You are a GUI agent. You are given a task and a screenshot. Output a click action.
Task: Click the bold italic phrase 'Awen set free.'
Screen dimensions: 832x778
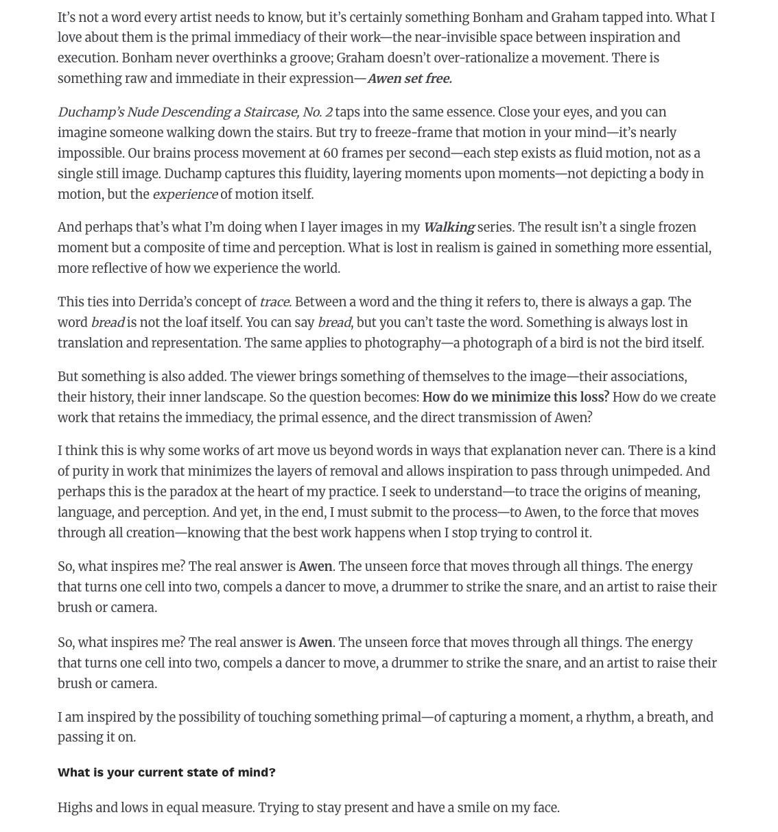[x=409, y=79]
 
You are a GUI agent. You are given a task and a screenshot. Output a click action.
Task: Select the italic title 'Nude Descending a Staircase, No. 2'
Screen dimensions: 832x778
[x=230, y=112]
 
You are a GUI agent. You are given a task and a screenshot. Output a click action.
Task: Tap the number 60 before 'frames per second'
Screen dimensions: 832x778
[x=331, y=154]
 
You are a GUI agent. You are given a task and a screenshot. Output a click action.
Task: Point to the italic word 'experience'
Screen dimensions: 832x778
[x=185, y=195]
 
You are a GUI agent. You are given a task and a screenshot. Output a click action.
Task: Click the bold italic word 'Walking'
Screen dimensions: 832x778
[x=449, y=228]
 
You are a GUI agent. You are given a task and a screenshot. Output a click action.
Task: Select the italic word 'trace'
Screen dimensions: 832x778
[x=274, y=302]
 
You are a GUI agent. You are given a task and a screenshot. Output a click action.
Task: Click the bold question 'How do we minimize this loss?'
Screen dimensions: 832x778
[x=515, y=397]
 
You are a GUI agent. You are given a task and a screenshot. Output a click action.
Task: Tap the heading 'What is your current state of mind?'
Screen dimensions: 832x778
[x=167, y=772]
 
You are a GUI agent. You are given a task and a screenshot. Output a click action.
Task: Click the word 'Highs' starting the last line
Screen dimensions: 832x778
[x=75, y=808]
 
